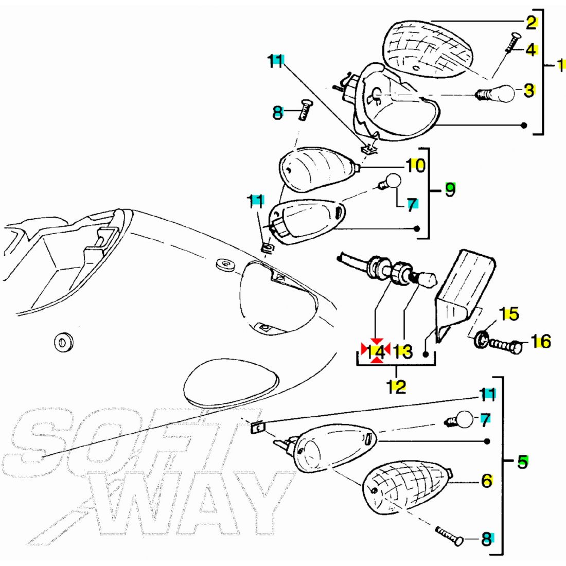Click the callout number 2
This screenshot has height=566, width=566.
click(531, 23)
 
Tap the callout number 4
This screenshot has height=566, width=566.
click(530, 50)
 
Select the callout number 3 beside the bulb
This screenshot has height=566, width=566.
click(529, 90)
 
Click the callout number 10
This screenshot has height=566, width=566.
click(416, 166)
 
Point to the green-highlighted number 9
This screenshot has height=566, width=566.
click(450, 189)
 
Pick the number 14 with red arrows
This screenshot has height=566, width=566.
click(376, 350)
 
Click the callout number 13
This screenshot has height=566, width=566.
click(402, 351)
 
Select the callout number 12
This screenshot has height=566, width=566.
click(396, 386)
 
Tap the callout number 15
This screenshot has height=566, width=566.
click(509, 314)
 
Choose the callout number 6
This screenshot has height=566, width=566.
click(487, 481)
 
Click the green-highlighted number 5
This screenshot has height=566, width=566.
click(523, 462)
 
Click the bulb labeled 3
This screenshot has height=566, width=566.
click(495, 93)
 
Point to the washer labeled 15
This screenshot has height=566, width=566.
click(482, 339)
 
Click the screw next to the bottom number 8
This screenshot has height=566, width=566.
click(449, 536)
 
